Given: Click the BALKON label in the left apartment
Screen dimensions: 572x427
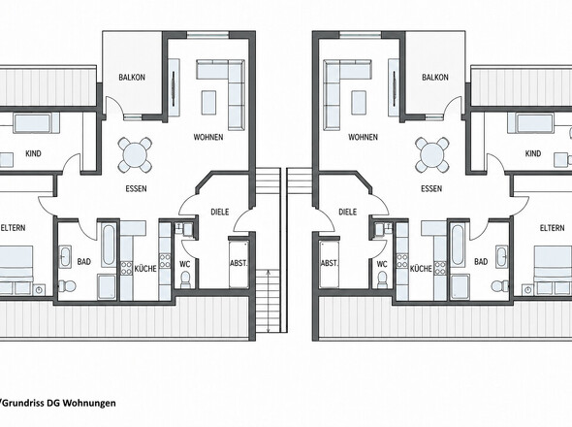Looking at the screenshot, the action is pyautogui.click(x=132, y=78).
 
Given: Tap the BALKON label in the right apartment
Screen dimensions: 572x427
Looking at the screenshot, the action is pyautogui.click(x=435, y=78).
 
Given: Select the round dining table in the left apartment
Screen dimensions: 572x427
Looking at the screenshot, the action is pyautogui.click(x=135, y=155).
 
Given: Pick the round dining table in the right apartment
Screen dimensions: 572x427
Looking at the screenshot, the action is pyautogui.click(x=432, y=155).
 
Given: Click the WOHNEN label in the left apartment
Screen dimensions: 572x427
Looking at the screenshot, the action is pyautogui.click(x=208, y=138).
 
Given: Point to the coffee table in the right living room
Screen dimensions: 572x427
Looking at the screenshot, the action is pyautogui.click(x=359, y=102).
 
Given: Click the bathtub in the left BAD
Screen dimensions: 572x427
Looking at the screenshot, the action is pyautogui.click(x=109, y=246).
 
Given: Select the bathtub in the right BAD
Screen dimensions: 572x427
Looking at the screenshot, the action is pyautogui.click(x=458, y=246).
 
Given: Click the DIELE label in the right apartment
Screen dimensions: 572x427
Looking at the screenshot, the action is pyautogui.click(x=347, y=212).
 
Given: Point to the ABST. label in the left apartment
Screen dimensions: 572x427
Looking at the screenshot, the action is pyautogui.click(x=238, y=263).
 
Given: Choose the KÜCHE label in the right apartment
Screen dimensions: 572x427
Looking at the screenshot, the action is pyautogui.click(x=421, y=269).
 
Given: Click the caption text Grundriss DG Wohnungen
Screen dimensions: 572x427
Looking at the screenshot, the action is pyautogui.click(x=59, y=403).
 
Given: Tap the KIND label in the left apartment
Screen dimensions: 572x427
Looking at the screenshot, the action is pyautogui.click(x=33, y=153).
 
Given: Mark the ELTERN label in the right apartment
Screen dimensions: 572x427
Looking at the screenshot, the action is pyautogui.click(x=552, y=228).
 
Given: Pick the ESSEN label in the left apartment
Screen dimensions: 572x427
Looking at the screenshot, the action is pyautogui.click(x=136, y=189).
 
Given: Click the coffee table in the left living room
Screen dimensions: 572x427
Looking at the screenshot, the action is pyautogui.click(x=208, y=102).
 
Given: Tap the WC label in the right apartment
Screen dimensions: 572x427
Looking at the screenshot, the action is pyautogui.click(x=382, y=264).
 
